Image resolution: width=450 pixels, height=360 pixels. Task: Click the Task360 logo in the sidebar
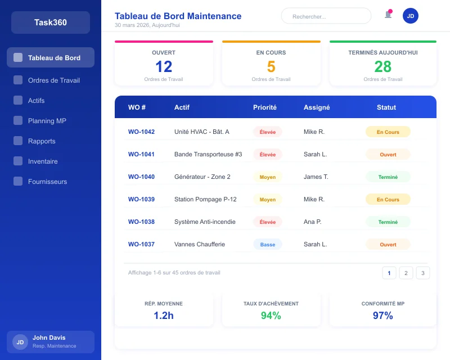[x=51, y=22]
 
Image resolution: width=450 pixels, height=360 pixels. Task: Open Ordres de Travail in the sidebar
[x=53, y=80]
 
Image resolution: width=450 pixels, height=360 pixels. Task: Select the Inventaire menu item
[x=43, y=161]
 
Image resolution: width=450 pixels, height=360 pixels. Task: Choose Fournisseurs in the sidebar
[x=47, y=182]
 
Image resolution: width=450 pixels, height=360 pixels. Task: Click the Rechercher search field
[x=326, y=16]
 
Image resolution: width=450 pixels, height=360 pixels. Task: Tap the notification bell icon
[x=388, y=15]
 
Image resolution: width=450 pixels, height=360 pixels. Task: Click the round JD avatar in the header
[x=411, y=16]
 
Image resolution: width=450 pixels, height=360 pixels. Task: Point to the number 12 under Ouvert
[x=164, y=67]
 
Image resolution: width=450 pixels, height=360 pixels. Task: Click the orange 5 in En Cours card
[x=271, y=67]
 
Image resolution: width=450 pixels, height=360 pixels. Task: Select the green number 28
[x=383, y=67]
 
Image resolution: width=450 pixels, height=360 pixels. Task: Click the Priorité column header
[x=265, y=107]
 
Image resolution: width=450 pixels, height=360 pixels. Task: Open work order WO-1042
[x=141, y=132]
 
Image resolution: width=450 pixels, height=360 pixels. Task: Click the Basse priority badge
[x=268, y=245]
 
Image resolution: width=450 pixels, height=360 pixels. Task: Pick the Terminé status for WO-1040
[x=388, y=177]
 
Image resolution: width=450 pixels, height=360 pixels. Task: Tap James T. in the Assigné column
[x=316, y=177]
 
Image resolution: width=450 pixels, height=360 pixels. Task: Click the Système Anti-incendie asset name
[x=205, y=222]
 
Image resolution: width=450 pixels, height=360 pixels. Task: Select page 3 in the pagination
[x=423, y=273]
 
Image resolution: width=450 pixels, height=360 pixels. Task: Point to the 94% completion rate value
[x=271, y=316]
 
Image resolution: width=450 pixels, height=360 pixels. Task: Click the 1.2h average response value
[x=164, y=316]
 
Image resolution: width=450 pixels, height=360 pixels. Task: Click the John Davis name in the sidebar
[x=49, y=337]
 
